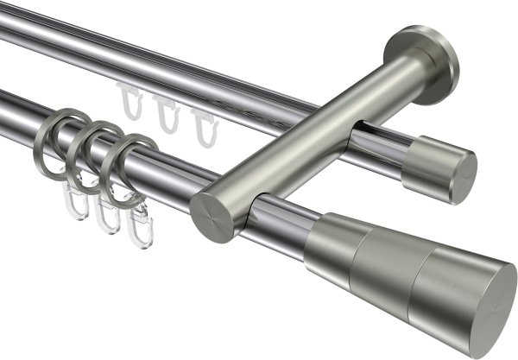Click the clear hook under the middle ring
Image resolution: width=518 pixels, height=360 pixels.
(x=109, y=215)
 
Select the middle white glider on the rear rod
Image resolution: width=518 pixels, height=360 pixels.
(x=167, y=115)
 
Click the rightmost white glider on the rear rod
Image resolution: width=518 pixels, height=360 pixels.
(x=204, y=127)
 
